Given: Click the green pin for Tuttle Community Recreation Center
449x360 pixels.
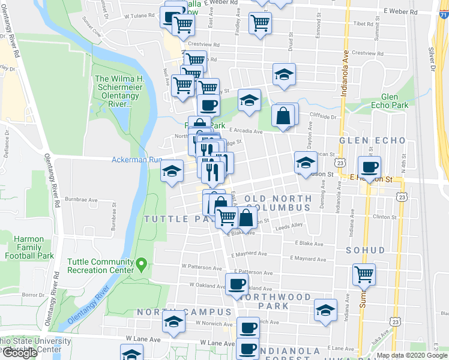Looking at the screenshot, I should (x=142, y=263).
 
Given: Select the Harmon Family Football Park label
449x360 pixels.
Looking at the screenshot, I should (x=29, y=247).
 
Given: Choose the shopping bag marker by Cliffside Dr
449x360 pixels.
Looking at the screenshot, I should (x=283, y=115).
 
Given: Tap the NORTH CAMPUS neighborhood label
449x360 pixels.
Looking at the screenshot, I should (x=184, y=312).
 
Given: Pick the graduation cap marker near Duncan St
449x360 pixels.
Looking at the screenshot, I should (x=306, y=161).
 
